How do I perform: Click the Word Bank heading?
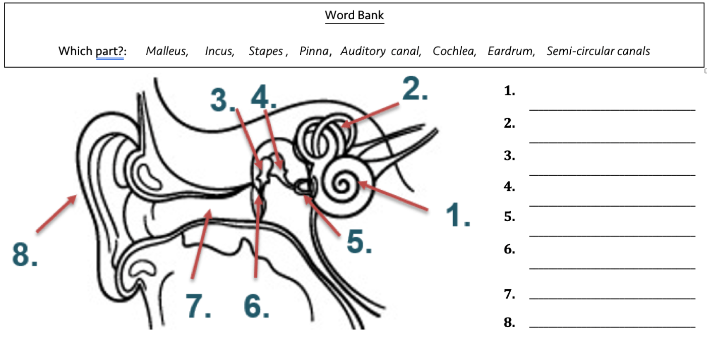click(x=354, y=15)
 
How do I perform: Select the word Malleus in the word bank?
click(x=167, y=51)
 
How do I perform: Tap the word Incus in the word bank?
click(x=220, y=51)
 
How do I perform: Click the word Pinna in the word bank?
click(x=314, y=51)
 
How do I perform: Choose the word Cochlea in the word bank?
click(x=454, y=51)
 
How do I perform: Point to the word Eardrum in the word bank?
click(x=511, y=51)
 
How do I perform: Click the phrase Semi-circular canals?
click(x=599, y=51)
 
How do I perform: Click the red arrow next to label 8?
click(x=57, y=214)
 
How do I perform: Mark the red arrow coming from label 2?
click(x=370, y=115)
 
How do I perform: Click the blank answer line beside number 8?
click(x=612, y=327)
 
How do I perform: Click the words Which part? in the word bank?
click(x=92, y=51)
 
